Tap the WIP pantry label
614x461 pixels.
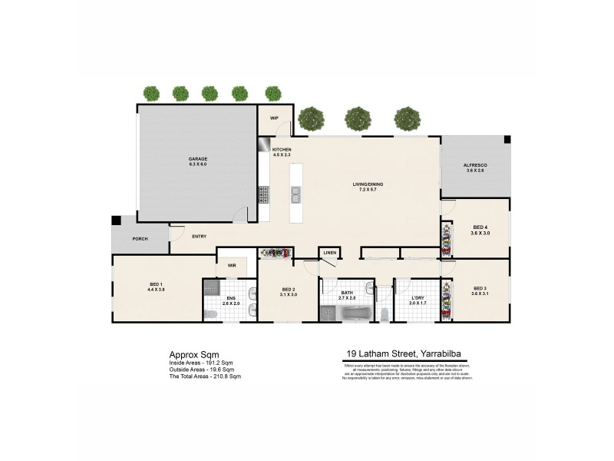coord(273,118)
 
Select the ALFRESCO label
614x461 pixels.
coord(475,167)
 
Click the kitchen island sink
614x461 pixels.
coord(294,196)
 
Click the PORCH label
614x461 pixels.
coord(140,239)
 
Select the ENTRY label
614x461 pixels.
coord(199,236)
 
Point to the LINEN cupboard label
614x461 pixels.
coord(329,252)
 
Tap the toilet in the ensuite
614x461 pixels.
coord(210,313)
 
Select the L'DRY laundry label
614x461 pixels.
coord(416,300)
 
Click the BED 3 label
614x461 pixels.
coord(480,290)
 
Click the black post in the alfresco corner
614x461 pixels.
coord(506,140)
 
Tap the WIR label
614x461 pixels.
coord(231,266)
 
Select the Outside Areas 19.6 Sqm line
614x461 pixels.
coord(202,370)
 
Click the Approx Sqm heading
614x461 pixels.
coord(189,355)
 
